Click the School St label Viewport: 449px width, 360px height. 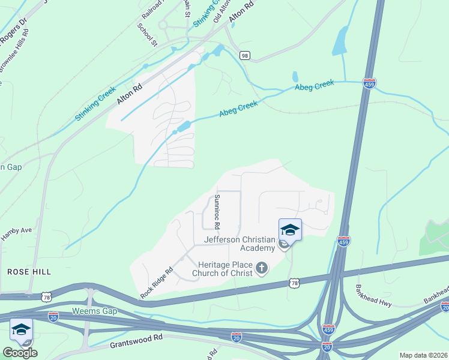pos(147,35)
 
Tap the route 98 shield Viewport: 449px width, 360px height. pos(244,55)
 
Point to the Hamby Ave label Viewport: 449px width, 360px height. pos(16,232)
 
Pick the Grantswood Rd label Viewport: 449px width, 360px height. pos(136,341)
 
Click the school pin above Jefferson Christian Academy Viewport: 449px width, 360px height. pos(290,230)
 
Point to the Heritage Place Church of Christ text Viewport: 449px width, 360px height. pos(222,269)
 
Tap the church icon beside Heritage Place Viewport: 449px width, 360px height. pos(261,268)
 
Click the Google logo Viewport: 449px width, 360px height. pos(20,353)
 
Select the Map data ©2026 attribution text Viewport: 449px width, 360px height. pos(423,355)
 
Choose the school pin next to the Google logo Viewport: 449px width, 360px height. pos(21,330)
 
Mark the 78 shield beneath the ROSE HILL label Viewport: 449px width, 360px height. pos(47,296)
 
